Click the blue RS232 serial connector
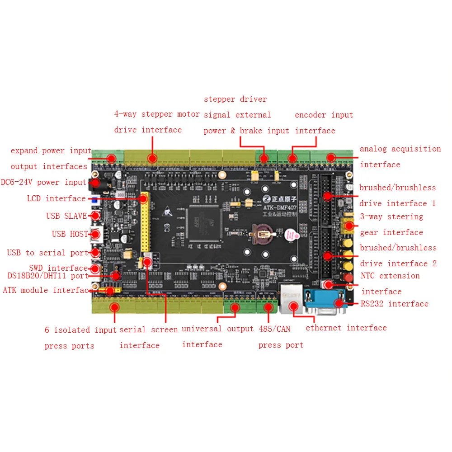coord(326,301)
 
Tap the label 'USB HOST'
coord(69,234)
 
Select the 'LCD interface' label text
coord(56,198)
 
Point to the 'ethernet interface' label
coord(346,328)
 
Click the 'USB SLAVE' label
coord(66,216)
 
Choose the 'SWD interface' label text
coord(58,268)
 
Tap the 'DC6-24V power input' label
coord(43,182)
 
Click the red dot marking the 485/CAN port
coord(268,307)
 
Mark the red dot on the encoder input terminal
coord(292,158)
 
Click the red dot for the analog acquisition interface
coord(331,157)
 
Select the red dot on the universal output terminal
coord(235,307)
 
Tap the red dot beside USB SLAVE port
coord(96,216)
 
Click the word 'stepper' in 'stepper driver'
coord(219,99)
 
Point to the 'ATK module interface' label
coord(48,290)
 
